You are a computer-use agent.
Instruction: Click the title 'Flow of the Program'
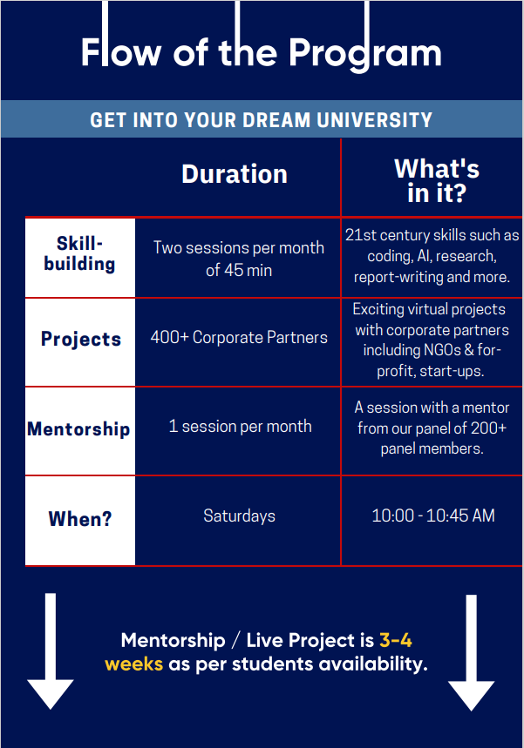262,52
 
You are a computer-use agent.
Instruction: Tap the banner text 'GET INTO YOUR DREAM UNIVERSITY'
262,120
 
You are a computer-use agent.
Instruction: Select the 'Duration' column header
235,173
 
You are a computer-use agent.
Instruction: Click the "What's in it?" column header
437,181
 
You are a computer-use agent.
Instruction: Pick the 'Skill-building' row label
79,253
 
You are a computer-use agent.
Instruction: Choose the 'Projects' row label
81,340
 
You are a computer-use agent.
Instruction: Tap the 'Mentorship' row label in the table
78,429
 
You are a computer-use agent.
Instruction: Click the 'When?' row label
79,518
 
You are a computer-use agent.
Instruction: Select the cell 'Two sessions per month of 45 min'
239,259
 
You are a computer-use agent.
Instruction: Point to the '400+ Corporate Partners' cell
239,337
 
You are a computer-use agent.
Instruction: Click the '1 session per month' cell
241,426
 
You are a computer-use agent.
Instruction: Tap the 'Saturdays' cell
239,516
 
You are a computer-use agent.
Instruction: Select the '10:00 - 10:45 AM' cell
433,516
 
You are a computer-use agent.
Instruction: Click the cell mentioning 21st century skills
432,256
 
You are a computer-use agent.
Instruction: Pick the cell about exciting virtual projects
432,340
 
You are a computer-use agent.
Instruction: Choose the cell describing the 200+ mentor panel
432,428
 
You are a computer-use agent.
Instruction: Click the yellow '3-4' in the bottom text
396,640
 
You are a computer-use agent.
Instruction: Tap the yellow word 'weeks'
133,664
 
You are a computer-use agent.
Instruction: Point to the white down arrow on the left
51,651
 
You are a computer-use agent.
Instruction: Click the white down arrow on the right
471,652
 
